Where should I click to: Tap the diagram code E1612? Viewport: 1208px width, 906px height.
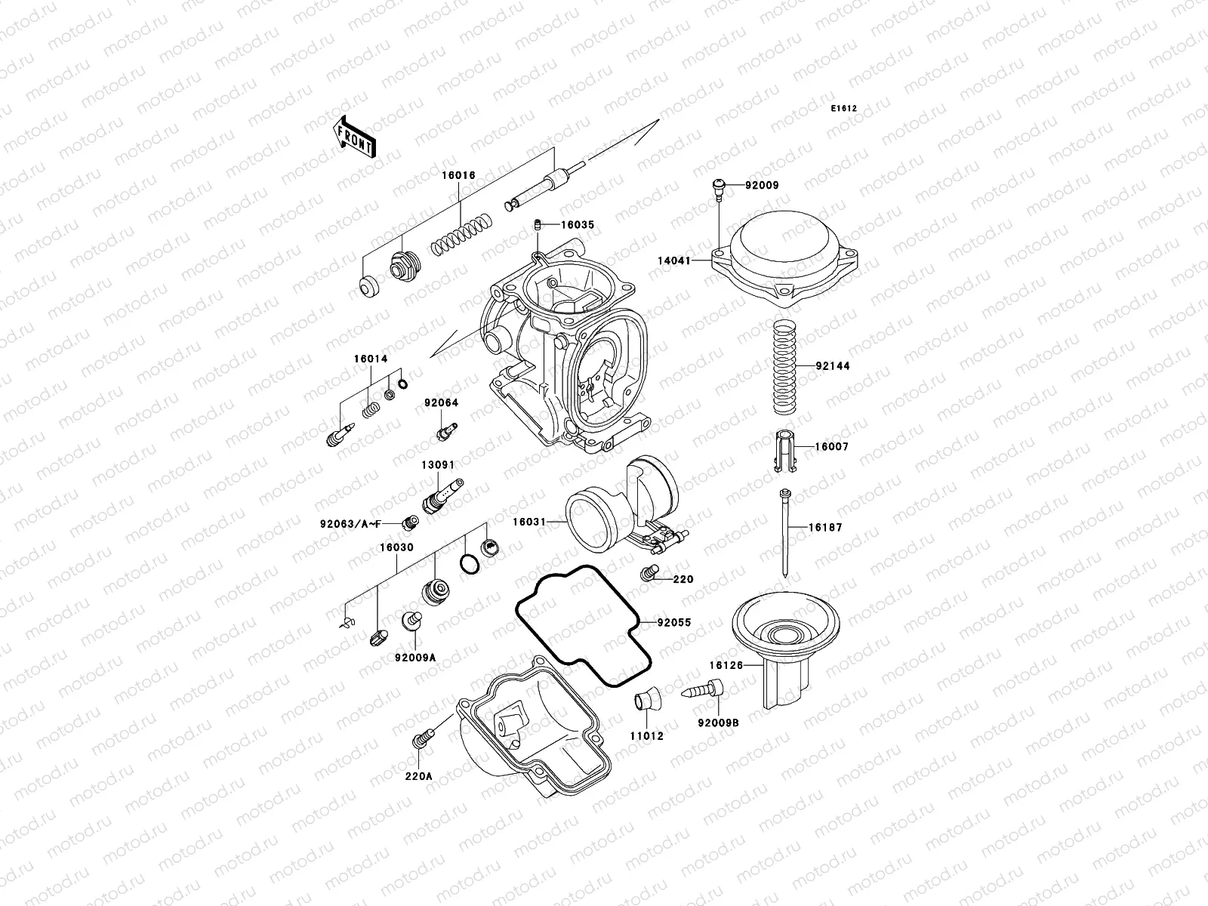844,109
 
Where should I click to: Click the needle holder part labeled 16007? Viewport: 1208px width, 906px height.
787,451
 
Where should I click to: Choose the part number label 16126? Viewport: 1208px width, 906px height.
726,665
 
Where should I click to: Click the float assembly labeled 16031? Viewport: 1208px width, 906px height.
623,506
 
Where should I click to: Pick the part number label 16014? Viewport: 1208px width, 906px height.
371,359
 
